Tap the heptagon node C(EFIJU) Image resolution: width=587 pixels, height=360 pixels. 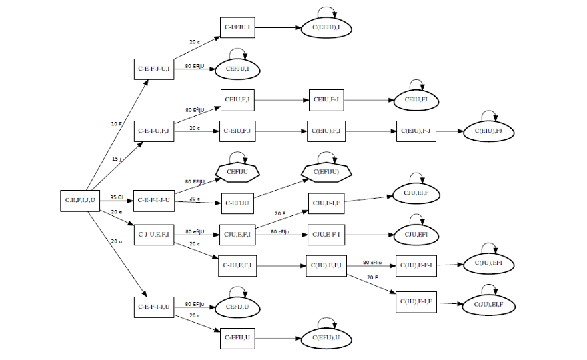326,171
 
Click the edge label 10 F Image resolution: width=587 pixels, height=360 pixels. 117,124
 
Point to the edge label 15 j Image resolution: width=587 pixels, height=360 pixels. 116,159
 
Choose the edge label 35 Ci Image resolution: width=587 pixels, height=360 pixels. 116,197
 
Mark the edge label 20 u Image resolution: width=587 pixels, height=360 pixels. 117,241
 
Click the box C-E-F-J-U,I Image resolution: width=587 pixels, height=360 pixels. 154,68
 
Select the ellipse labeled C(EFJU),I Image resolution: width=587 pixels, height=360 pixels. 326,28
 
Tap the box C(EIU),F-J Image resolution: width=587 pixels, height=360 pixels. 416,131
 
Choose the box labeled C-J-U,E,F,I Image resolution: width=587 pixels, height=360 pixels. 154,234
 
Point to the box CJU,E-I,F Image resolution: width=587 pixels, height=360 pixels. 326,202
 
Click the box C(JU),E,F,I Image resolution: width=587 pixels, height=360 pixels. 326,265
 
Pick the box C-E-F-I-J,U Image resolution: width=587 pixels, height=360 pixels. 154,307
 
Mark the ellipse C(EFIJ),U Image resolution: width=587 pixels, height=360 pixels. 326,338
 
